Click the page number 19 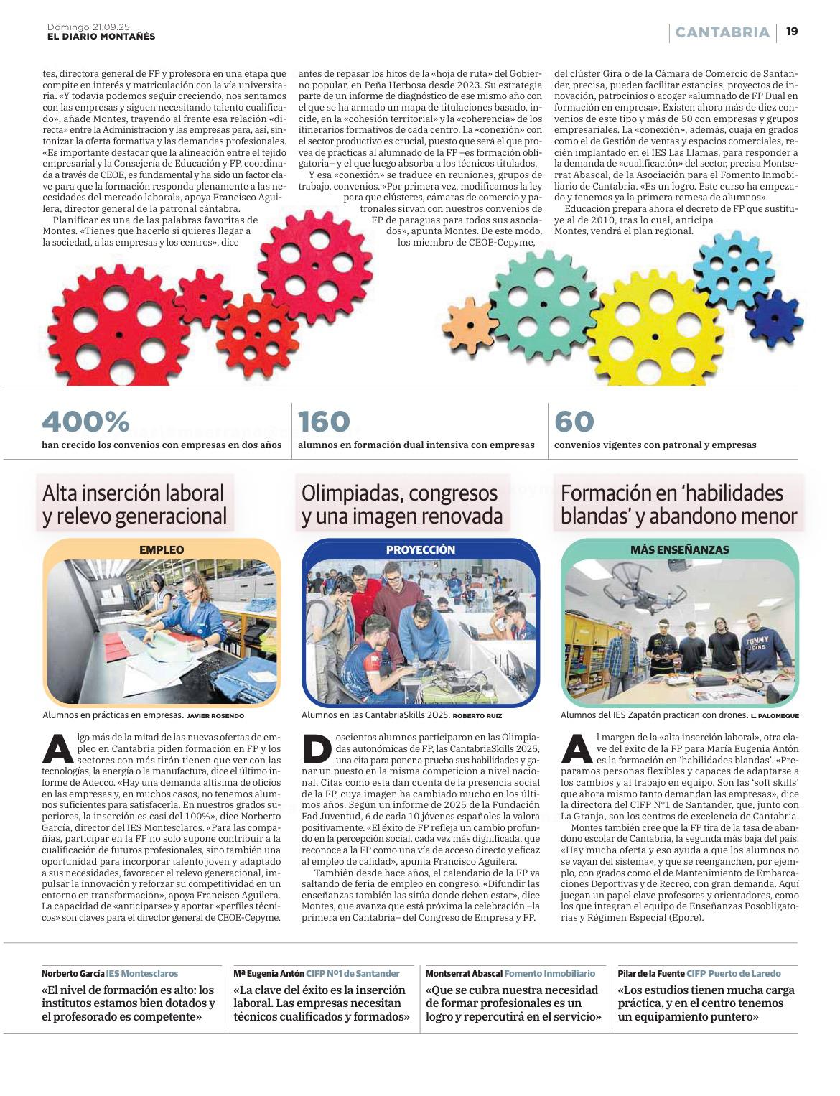pos(792,32)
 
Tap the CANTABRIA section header pos(722,32)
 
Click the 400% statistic pos(85,422)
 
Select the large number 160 pos(324,422)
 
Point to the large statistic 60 pos(574,422)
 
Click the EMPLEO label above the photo pos(162,549)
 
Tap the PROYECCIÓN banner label pos(421,549)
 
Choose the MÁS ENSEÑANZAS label pos(679,549)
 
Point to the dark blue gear pos(773,316)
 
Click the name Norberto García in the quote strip pos(73,973)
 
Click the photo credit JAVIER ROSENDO pos(215,716)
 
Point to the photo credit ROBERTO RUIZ pos(477,716)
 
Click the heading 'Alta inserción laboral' pos(134,493)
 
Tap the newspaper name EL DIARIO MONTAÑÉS pos(101,36)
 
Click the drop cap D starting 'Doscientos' pos(317,749)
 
